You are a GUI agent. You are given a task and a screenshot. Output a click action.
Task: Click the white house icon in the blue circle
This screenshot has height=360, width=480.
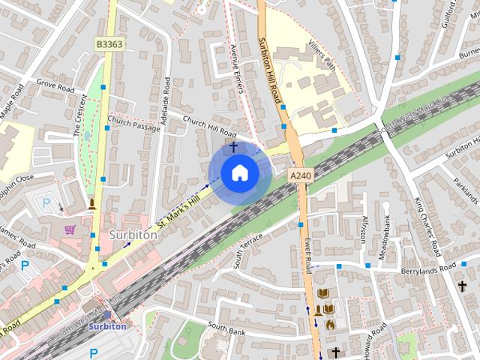[x=239, y=172]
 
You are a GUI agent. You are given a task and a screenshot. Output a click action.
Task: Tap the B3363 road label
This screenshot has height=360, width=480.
[x=108, y=45]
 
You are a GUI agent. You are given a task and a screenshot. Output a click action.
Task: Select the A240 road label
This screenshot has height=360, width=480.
[x=299, y=175]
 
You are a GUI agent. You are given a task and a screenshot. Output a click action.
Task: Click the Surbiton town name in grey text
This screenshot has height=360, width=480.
[x=133, y=235]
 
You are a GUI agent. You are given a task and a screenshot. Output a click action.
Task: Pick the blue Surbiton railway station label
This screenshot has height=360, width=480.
[x=106, y=326]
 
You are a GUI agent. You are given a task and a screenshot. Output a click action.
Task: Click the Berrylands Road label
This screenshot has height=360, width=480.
[x=428, y=268]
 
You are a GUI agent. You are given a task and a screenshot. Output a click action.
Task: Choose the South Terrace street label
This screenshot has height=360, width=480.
[x=248, y=249]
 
